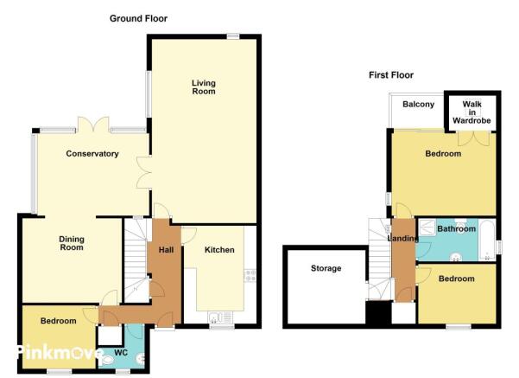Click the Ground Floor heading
pos(138,18)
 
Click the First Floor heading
pos(391,75)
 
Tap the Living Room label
pos(204,87)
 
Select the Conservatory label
pos(92,154)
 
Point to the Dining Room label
pos(72,243)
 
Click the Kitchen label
pos(219,250)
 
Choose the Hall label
pos(166,250)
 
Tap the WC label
pos(121,352)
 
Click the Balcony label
pos(418,105)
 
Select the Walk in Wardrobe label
pos(472,112)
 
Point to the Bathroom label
pos(457,228)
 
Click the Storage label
pos(326,268)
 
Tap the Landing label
pos(402,238)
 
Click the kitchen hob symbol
pos(250,276)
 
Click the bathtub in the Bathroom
pos(487,240)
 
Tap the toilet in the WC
pos(106,361)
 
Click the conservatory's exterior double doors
pos(93,125)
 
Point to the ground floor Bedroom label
pos(58,321)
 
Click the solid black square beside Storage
pos(378,312)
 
